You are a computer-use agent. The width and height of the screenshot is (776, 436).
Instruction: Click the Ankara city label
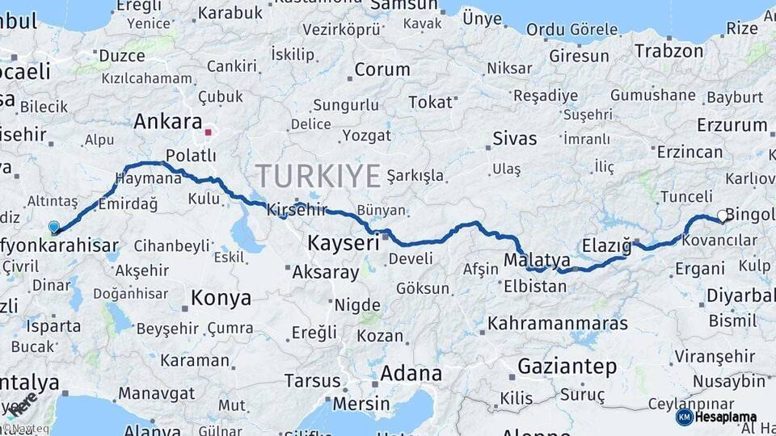167,122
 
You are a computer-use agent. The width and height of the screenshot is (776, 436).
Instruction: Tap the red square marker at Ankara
209,132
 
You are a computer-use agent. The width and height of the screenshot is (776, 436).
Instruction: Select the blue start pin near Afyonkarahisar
54,228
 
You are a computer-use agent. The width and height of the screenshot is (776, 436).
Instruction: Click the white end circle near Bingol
722,216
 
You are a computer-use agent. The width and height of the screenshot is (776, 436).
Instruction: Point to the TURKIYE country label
318,175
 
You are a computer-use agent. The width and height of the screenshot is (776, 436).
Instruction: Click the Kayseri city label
344,242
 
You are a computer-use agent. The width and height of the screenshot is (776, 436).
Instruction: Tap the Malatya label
537,260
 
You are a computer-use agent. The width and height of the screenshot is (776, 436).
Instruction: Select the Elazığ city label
606,245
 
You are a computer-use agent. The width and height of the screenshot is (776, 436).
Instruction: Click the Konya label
221,298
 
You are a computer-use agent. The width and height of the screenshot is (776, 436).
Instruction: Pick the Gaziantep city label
567,366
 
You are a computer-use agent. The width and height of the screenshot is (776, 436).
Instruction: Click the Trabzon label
668,51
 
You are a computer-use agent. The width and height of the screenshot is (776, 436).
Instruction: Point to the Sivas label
514,138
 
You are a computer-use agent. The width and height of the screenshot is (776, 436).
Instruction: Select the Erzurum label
732,125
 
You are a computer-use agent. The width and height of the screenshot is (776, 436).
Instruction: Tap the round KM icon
684,417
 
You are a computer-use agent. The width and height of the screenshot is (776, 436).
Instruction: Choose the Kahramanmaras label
558,323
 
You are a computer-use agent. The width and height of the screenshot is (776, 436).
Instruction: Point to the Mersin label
361,402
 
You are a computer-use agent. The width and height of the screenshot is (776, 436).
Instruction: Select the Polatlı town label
191,155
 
